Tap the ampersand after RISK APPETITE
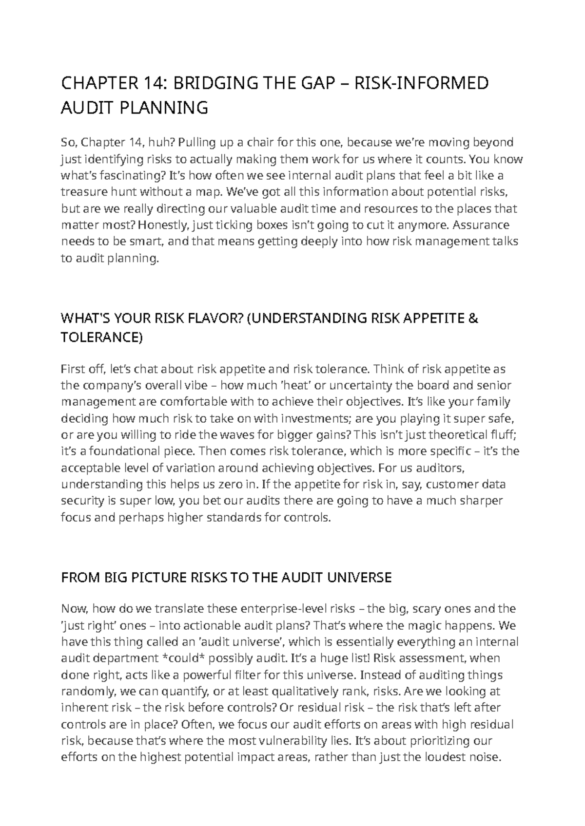point(472,319)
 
